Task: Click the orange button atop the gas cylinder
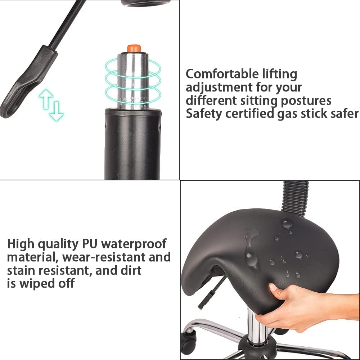pos(134,49)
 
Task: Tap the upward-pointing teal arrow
pos(46,99)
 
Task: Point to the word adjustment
pos(219,88)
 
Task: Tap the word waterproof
pos(134,244)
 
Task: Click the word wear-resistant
pos(104,257)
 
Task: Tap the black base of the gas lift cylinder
pos(132,144)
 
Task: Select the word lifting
pos(280,75)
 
